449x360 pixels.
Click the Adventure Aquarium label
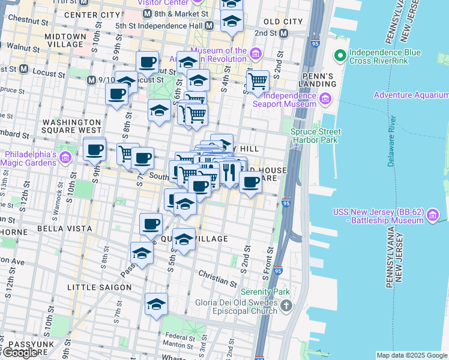click(411, 95)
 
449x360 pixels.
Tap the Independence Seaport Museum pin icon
click(326, 99)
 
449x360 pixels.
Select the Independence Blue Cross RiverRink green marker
click(340, 56)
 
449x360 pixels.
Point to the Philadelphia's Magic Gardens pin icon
click(65, 157)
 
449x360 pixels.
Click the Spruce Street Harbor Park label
click(316, 136)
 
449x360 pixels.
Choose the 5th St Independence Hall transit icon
click(209, 26)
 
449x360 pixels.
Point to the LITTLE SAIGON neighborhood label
click(99, 287)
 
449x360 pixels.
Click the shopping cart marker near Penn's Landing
click(258, 81)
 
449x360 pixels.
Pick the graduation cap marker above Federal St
click(156, 304)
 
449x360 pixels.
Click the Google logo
click(20, 353)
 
